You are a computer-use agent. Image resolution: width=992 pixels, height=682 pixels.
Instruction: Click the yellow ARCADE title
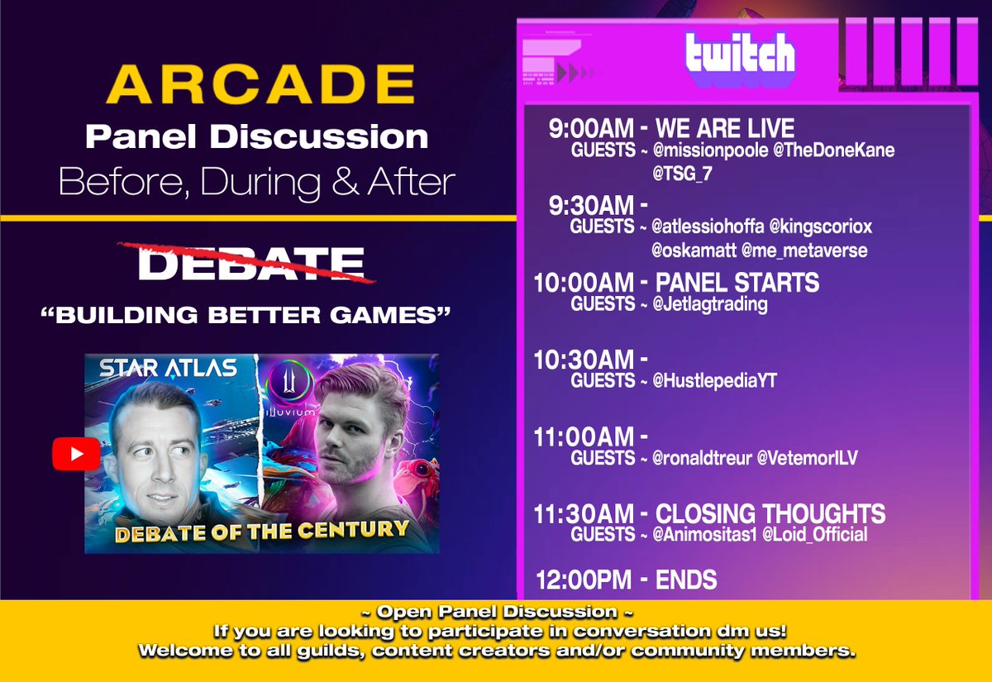point(260,86)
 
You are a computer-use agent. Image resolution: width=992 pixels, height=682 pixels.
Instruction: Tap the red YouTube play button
point(76,453)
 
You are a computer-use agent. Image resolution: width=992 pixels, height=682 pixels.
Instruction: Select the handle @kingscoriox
point(821,227)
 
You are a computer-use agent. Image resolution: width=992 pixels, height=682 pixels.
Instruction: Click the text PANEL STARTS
point(737,283)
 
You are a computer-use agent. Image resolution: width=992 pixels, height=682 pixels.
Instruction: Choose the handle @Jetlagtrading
point(711,304)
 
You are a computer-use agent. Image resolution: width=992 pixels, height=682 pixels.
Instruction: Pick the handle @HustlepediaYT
point(715,381)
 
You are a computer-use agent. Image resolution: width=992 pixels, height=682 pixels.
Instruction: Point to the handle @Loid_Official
point(814,535)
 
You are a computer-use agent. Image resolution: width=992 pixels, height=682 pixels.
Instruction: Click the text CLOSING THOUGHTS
point(770,513)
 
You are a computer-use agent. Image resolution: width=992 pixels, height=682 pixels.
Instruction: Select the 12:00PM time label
point(584,579)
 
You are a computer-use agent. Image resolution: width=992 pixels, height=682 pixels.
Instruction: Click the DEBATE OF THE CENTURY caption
point(261,530)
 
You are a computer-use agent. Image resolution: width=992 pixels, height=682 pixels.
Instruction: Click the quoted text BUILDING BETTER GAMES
point(250,315)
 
